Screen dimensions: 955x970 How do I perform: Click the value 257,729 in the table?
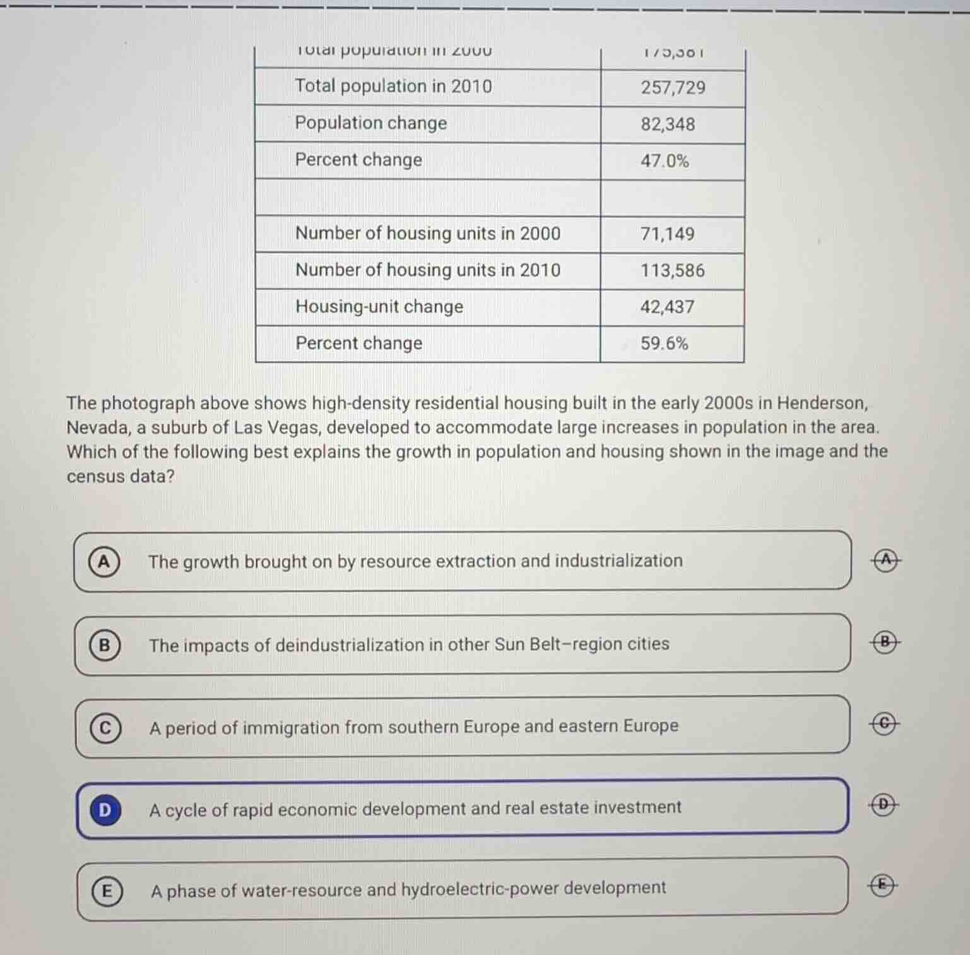tap(673, 87)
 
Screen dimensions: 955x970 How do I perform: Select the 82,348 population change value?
tap(668, 124)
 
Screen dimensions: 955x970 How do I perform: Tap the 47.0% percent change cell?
tap(665, 160)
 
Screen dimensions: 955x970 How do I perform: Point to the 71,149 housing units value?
tap(667, 234)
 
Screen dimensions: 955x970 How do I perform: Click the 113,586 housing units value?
tap(672, 270)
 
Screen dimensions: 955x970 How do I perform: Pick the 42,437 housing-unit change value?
tap(667, 307)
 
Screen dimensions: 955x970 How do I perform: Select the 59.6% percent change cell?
tap(664, 343)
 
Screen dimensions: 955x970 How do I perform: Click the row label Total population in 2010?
tap(393, 86)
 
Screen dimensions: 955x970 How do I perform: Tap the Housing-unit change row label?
tap(379, 307)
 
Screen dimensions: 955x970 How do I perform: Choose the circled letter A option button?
tap(104, 561)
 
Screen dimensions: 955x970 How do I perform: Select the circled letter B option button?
tap(105, 644)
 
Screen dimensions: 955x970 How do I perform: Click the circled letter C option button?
tap(105, 728)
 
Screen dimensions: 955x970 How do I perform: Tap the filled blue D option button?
tap(105, 809)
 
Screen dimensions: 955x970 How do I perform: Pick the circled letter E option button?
tap(107, 891)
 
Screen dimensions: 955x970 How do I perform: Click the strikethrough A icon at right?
tap(887, 559)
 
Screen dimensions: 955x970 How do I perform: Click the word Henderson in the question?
tap(822, 403)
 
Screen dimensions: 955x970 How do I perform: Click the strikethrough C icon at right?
tap(885, 724)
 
